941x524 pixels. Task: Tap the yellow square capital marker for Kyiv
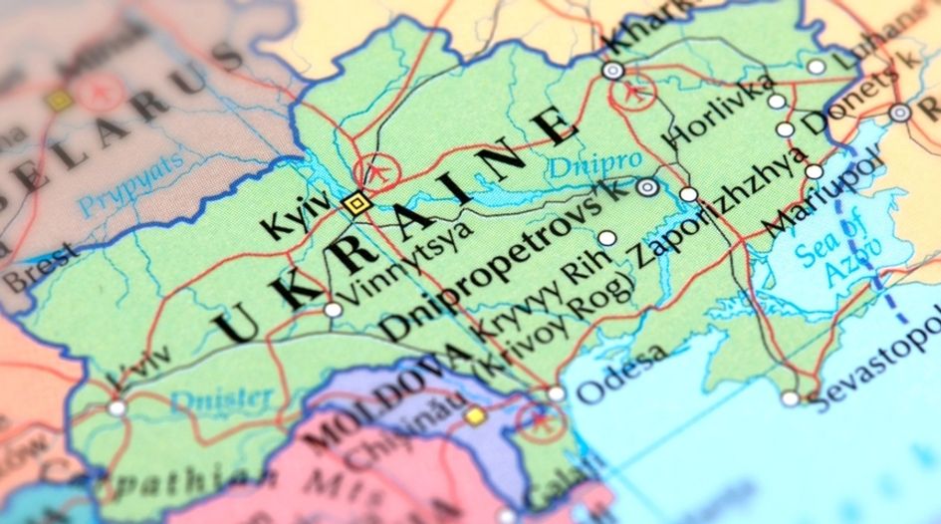tap(355, 203)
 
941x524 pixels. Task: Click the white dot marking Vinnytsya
tap(333, 310)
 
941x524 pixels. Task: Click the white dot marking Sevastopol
tap(790, 398)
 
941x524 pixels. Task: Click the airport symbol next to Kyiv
tap(376, 171)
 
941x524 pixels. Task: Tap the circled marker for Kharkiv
tap(612, 71)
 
